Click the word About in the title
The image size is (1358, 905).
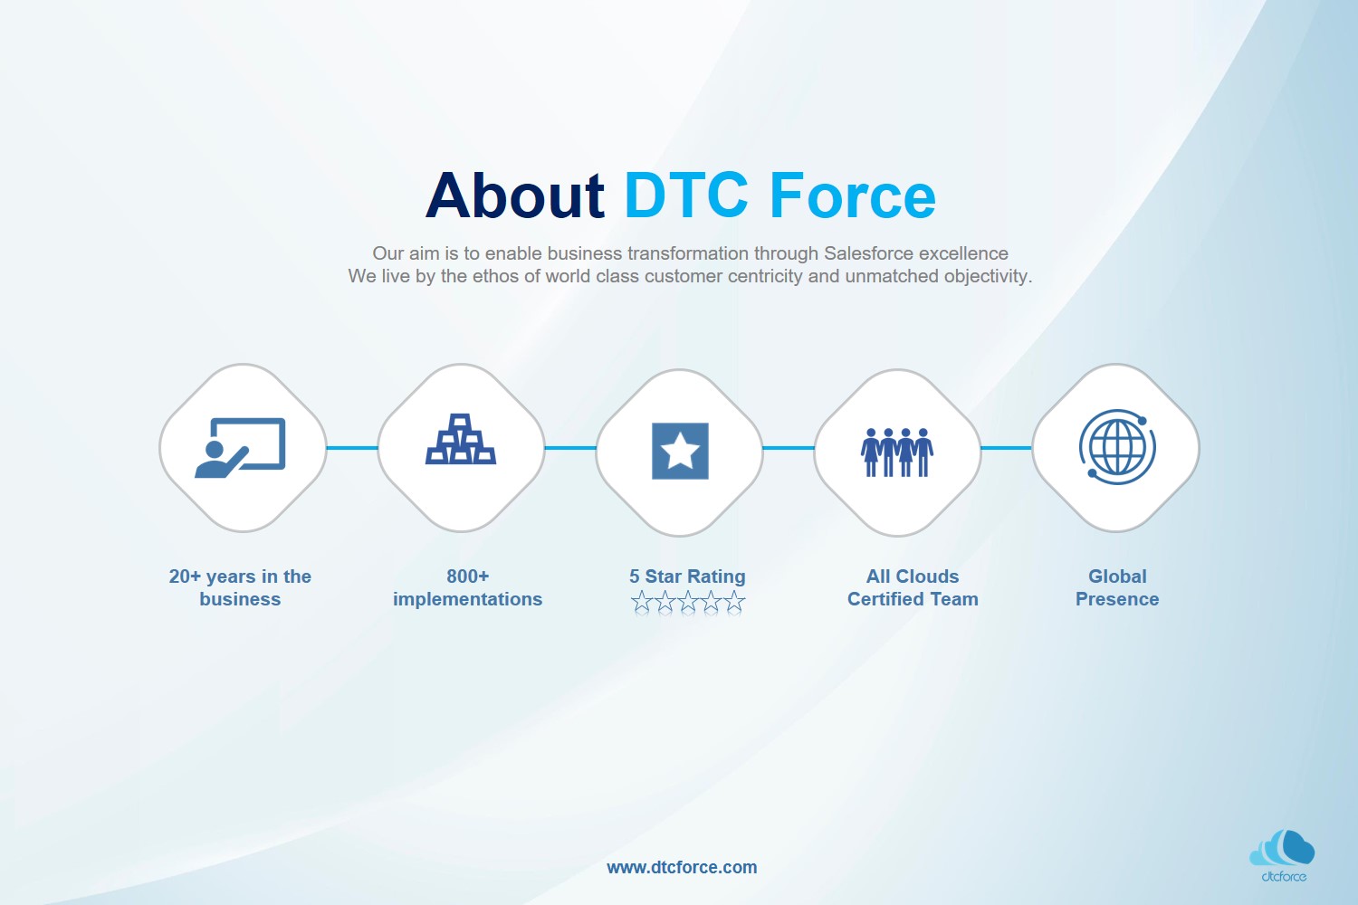(514, 196)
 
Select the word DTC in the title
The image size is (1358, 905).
(686, 196)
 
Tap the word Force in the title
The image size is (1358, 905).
(852, 196)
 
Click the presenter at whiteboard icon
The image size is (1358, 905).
(241, 448)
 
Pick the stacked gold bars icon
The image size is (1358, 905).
(461, 440)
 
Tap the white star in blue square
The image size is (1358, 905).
(680, 451)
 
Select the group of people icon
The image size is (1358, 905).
(897, 452)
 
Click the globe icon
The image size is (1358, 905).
(1117, 447)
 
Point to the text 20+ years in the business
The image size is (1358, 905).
(240, 587)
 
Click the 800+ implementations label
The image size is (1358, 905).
(467, 587)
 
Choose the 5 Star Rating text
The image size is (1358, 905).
(687, 576)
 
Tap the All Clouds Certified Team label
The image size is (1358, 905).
(913, 587)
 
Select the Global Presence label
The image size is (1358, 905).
(1117, 587)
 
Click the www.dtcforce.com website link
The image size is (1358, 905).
(682, 867)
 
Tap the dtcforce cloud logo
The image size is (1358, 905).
(1283, 854)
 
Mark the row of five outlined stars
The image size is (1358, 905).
(688, 602)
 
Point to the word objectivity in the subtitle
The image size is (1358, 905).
(987, 276)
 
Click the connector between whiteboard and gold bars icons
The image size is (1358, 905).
(352, 448)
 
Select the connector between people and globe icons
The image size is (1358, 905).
(1006, 448)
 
